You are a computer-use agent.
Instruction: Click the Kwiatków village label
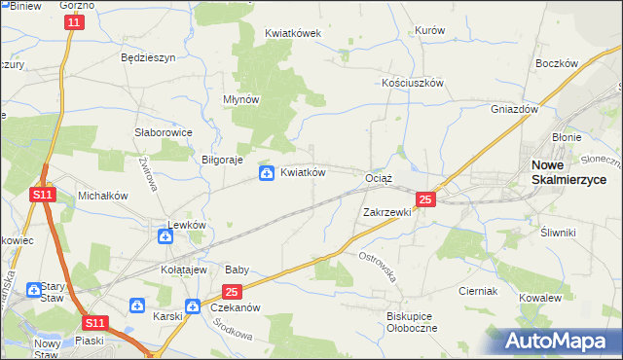tap(303, 173)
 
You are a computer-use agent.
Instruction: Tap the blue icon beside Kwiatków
tap(266, 173)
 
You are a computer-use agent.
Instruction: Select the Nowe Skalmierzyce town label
tap(568, 172)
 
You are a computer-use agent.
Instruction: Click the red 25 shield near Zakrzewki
tap(424, 199)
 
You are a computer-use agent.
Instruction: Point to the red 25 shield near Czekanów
tap(232, 291)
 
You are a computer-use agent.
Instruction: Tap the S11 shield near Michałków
tap(42, 195)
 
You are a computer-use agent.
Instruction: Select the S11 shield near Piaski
tap(93, 322)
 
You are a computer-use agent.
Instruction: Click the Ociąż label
tap(378, 179)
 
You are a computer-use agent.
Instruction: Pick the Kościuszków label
tap(412, 83)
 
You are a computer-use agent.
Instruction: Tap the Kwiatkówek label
tap(293, 32)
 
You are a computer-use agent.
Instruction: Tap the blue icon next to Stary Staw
tap(35, 289)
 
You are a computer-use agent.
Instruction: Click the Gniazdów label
tap(515, 110)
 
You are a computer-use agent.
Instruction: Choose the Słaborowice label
tap(163, 132)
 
